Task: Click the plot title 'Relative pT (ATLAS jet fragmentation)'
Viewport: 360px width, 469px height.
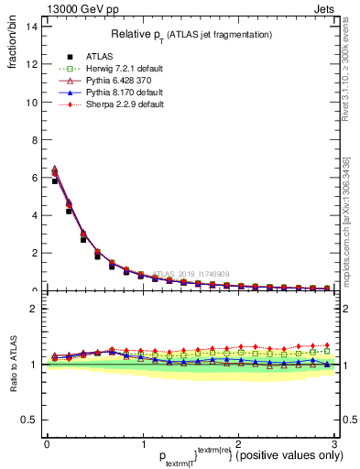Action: pos(191,34)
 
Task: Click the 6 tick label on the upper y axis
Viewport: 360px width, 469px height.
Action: pos(34,178)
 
